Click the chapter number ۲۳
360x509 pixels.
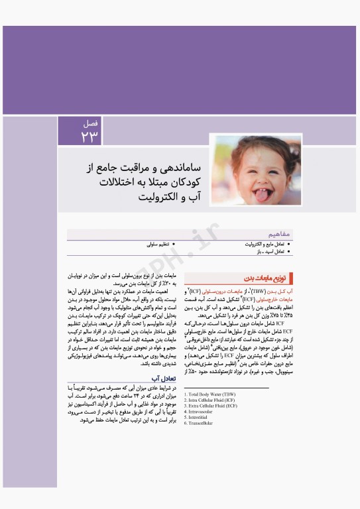click(90, 136)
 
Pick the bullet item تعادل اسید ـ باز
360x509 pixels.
click(268, 252)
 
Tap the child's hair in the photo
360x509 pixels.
click(225, 149)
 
